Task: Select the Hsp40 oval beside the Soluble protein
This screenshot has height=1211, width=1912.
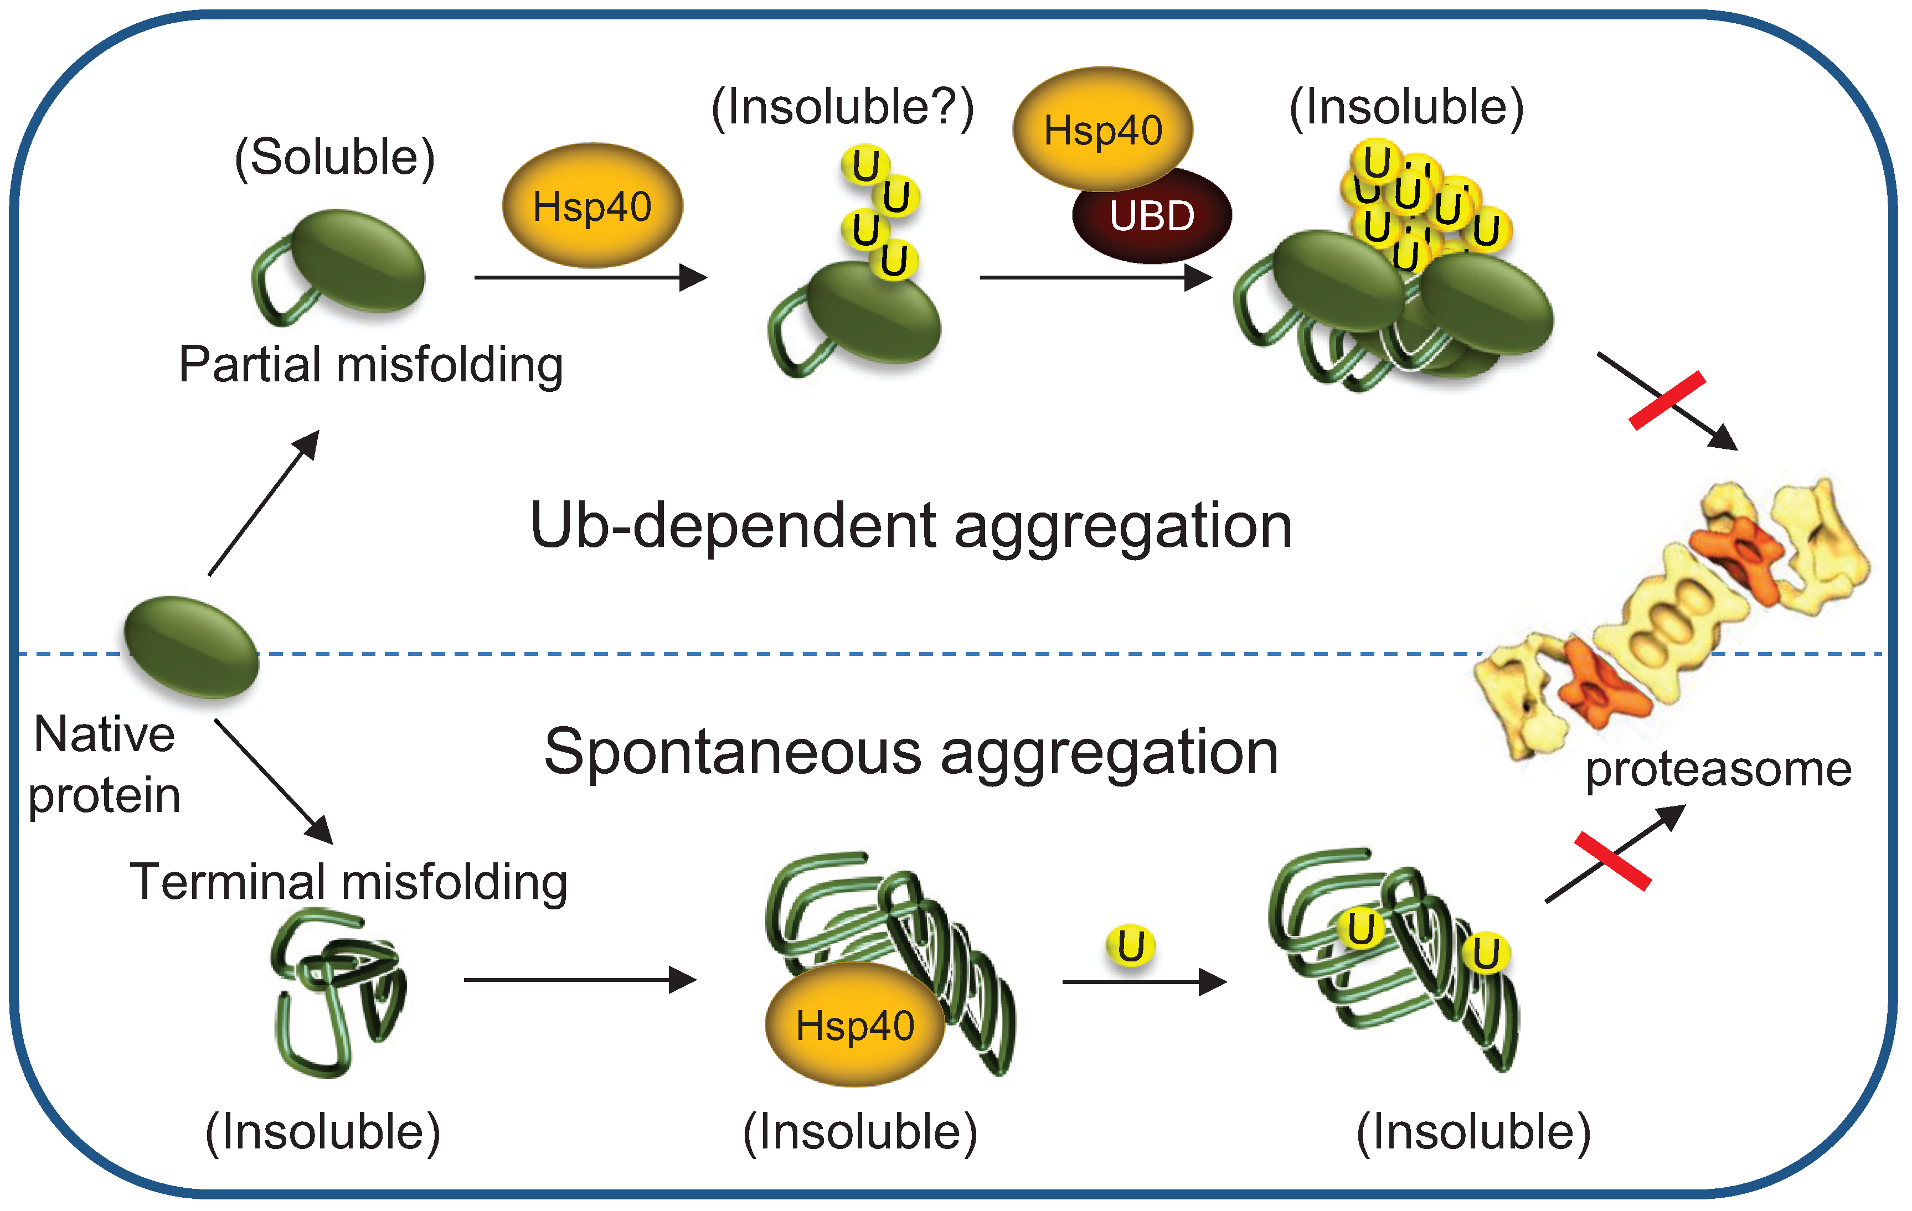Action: [x=592, y=205]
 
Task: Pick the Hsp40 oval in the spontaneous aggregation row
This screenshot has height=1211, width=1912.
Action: [x=854, y=1024]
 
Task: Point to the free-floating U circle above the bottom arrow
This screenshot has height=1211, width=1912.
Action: [x=1131, y=945]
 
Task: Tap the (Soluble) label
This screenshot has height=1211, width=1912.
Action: [x=334, y=157]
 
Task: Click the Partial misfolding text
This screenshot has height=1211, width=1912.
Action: [x=371, y=365]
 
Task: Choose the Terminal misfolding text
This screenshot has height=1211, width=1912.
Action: [x=349, y=882]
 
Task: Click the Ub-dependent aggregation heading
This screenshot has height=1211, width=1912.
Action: [x=911, y=526]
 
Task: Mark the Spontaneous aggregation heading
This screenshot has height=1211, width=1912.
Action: [x=911, y=752]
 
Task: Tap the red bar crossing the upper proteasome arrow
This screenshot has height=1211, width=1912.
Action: [x=1667, y=400]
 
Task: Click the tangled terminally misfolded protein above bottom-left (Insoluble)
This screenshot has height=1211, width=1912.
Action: [x=337, y=992]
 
